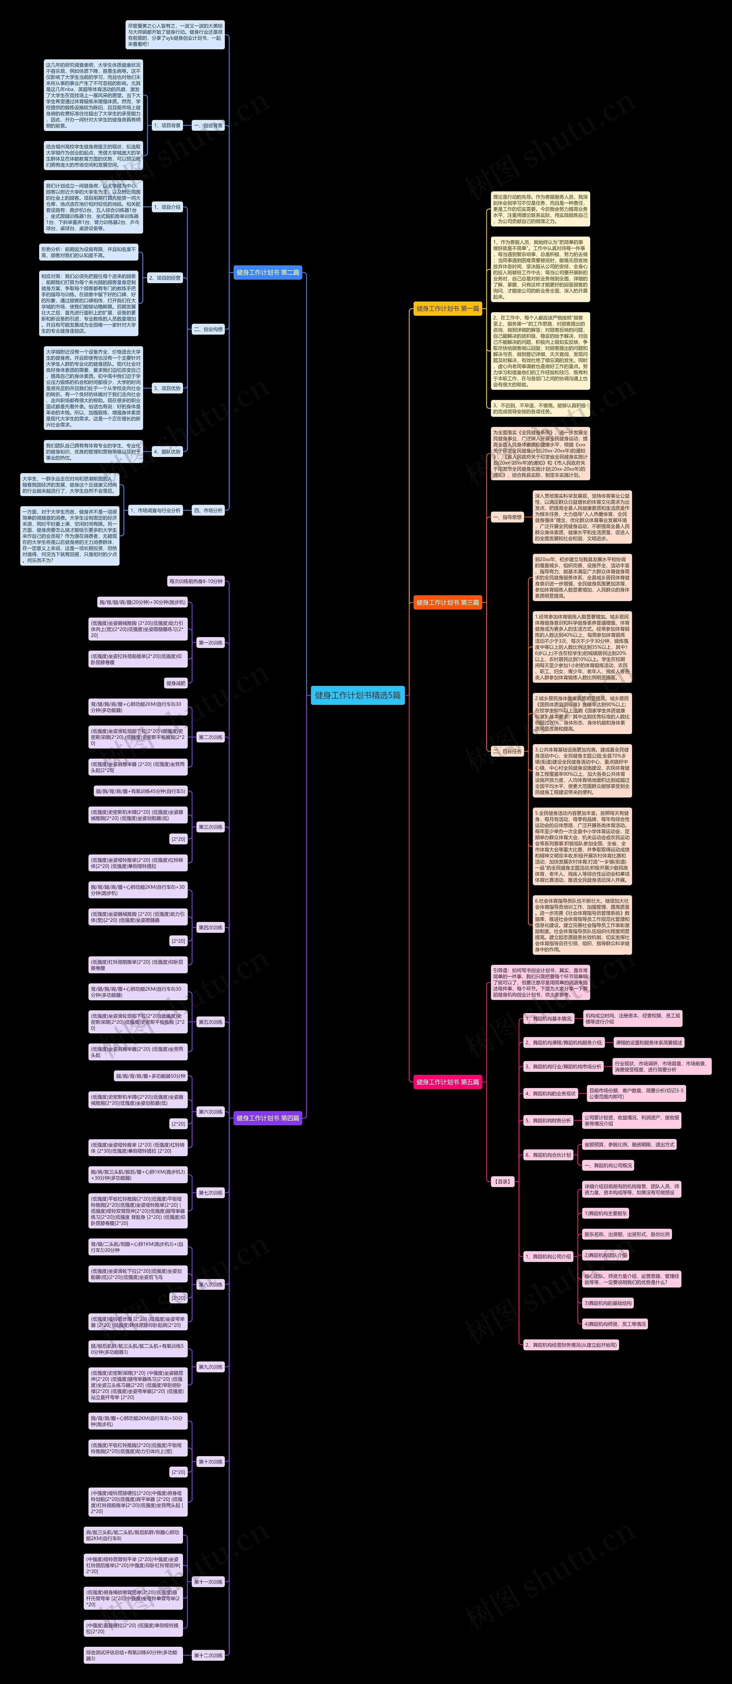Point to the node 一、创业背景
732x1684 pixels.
click(x=208, y=126)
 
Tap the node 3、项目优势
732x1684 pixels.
click(x=167, y=388)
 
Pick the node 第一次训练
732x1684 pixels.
click(x=210, y=643)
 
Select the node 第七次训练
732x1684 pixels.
click(x=210, y=1192)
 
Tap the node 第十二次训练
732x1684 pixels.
click(x=208, y=1655)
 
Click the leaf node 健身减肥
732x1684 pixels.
click(x=176, y=683)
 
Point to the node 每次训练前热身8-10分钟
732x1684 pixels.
click(x=196, y=581)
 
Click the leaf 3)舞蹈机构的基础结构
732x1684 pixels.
click(x=608, y=1303)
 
